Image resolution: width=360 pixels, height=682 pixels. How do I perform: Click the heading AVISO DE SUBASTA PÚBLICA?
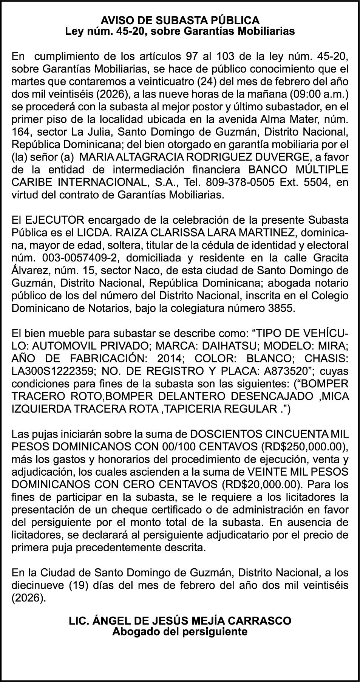180,20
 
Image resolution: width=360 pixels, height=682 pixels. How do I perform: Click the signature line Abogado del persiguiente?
180,631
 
